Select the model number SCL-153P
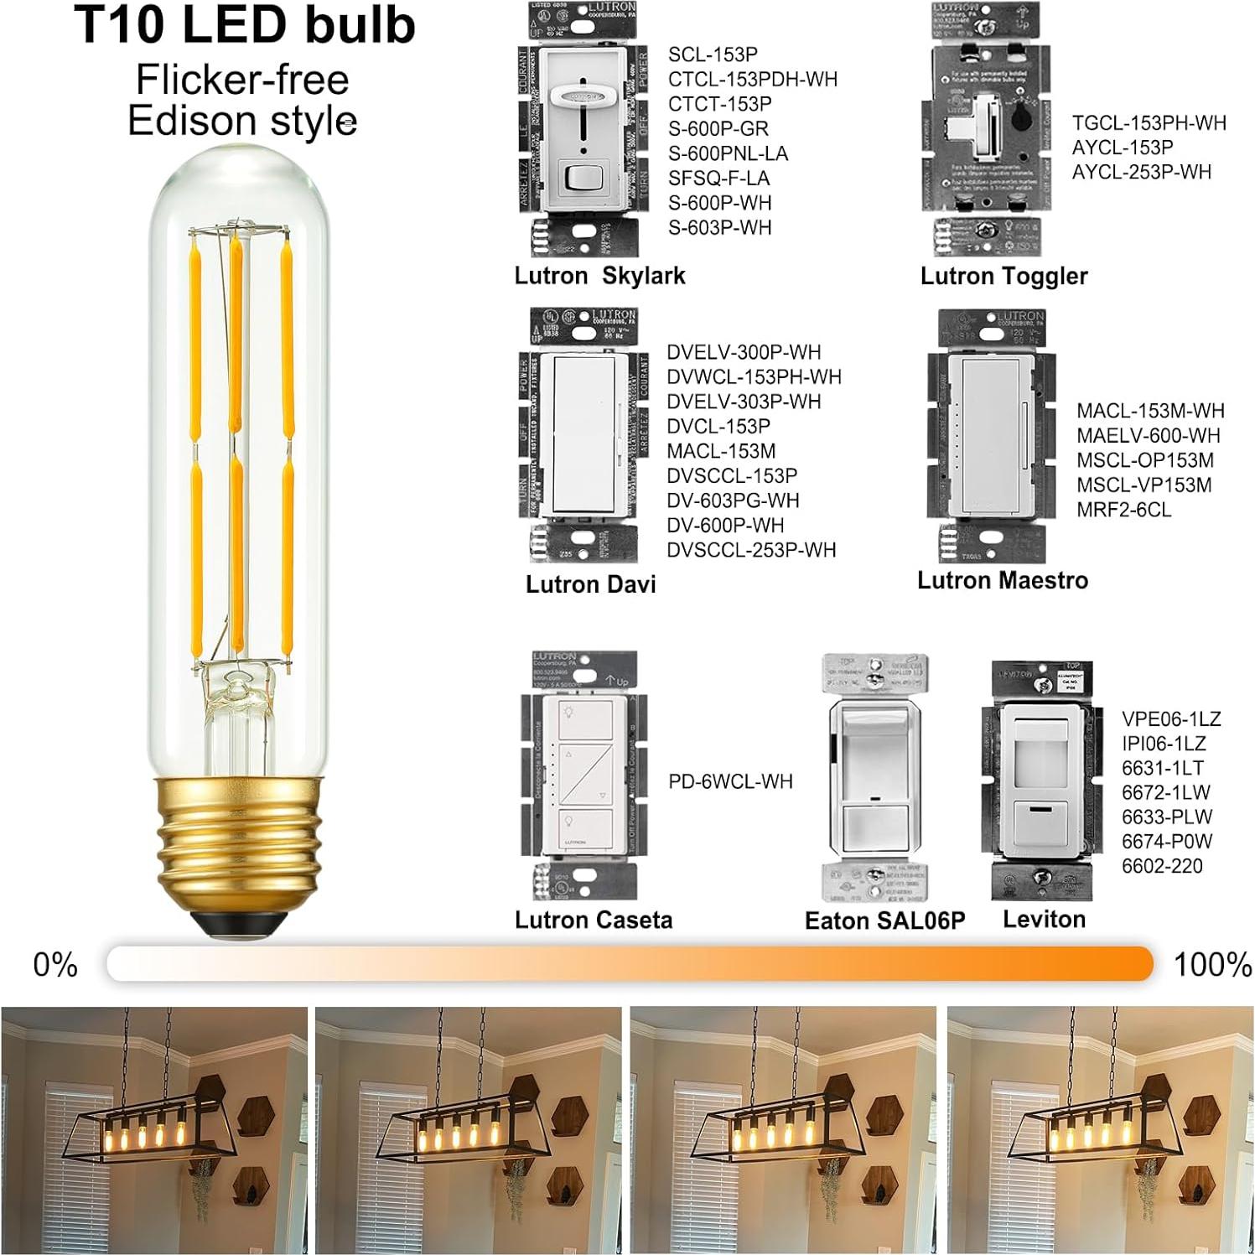(x=713, y=54)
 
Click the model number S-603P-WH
(x=719, y=228)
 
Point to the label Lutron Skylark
(x=599, y=276)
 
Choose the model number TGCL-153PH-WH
(x=1149, y=123)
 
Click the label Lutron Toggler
(x=1003, y=276)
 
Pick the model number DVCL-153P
(x=718, y=426)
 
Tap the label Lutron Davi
(x=590, y=584)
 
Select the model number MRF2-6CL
(x=1123, y=510)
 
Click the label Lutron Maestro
(x=1003, y=580)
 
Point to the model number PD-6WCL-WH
(x=730, y=781)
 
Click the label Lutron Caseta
(x=594, y=920)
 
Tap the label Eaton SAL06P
(x=884, y=921)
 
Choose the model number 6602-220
(x=1162, y=866)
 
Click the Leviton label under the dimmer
(x=1044, y=919)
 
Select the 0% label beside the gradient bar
(x=55, y=965)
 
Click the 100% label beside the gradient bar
(x=1212, y=965)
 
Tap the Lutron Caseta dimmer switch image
(x=580, y=775)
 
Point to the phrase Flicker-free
(x=242, y=80)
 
